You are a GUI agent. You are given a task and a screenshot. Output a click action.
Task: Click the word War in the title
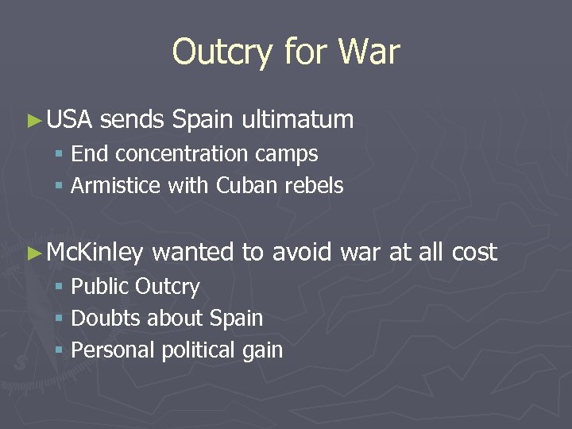(x=369, y=52)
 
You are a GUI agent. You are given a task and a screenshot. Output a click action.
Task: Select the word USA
(x=70, y=120)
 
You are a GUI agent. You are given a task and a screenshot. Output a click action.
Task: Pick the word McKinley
(x=95, y=253)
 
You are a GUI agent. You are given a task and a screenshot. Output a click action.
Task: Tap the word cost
(x=473, y=253)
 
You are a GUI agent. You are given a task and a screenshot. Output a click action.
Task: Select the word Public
(x=100, y=287)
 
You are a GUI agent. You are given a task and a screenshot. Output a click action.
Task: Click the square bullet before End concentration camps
(x=60, y=155)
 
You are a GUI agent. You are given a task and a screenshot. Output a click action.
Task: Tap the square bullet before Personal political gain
(x=60, y=351)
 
